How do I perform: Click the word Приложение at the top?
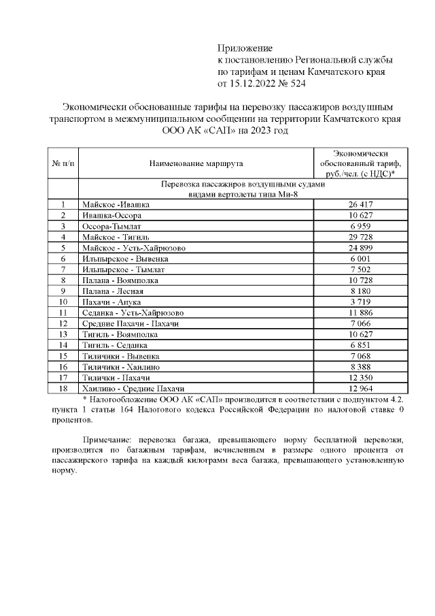click(245, 48)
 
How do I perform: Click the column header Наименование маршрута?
click(196, 163)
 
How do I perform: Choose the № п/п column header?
click(63, 163)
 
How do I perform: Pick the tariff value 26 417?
click(361, 204)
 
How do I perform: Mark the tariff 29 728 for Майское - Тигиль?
click(361, 236)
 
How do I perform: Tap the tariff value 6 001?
click(361, 258)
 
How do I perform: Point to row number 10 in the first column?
click(63, 302)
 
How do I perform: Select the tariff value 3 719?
click(361, 302)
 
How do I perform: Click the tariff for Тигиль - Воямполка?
click(361, 334)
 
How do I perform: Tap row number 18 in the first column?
click(63, 388)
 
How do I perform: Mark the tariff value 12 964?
click(361, 388)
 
